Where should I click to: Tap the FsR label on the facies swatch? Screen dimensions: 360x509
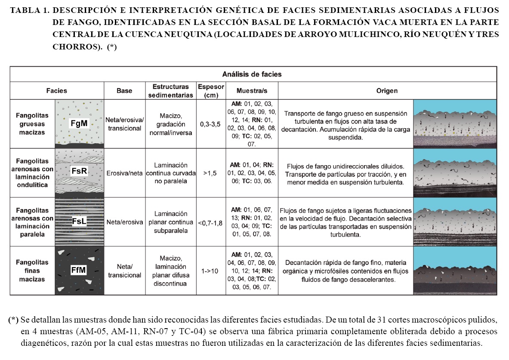tap(79, 171)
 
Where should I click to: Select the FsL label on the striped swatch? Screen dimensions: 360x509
tap(79, 221)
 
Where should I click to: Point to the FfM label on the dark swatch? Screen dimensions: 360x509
tap(79, 270)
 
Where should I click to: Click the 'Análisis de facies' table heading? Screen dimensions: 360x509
tap(252, 74)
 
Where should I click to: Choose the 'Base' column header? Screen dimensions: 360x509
tap(124, 91)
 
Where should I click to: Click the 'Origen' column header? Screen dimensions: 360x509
tap(387, 91)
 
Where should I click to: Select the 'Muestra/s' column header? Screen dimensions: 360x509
tap(252, 91)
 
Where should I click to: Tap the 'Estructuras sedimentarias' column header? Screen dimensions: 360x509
tap(171, 91)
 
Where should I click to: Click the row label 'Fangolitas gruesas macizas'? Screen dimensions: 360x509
tap(32, 124)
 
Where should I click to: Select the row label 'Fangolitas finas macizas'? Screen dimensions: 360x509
tap(32, 270)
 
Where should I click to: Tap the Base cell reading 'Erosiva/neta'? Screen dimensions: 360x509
tap(124, 173)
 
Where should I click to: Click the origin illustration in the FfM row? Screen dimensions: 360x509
tap(455, 271)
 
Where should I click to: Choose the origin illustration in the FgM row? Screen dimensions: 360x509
tap(455, 124)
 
